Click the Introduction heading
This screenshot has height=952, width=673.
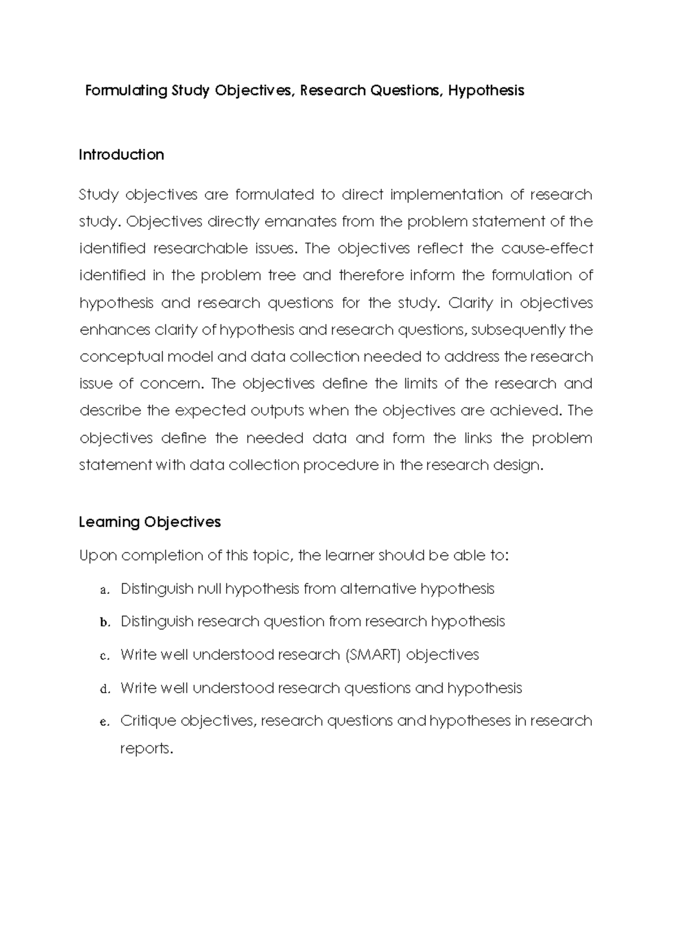[x=121, y=155]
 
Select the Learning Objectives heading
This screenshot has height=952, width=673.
[x=150, y=522]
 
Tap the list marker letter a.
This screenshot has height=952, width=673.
[x=103, y=590]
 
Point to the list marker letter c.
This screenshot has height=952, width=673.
[x=103, y=656]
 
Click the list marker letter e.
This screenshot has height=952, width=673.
[x=103, y=722]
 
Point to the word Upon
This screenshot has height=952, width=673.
[x=98, y=556]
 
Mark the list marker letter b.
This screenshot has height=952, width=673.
[x=103, y=623]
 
